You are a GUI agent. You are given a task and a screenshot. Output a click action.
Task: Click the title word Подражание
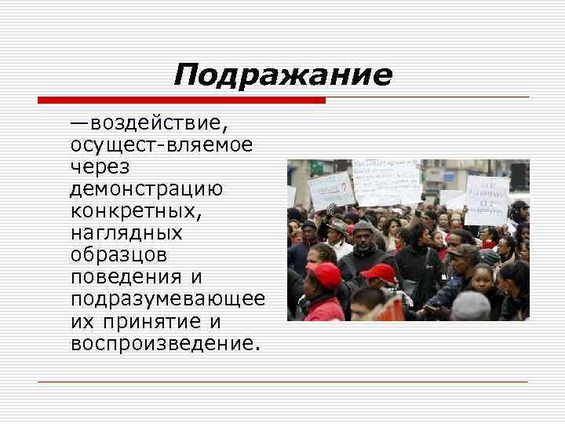tap(282, 75)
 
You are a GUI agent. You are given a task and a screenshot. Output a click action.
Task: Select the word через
tap(100, 167)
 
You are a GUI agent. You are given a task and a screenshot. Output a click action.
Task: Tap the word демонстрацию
tap(147, 189)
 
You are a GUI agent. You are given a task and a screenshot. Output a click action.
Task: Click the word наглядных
tap(126, 233)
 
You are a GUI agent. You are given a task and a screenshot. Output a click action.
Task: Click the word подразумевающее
tap(167, 300)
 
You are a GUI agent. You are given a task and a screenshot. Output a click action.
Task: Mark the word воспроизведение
tap(163, 344)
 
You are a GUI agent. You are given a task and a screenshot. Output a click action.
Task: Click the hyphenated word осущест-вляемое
tap(161, 146)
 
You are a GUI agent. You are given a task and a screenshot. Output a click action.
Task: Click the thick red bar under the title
tap(181, 101)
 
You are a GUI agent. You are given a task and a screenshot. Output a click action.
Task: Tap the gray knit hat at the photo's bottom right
tap(471, 304)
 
